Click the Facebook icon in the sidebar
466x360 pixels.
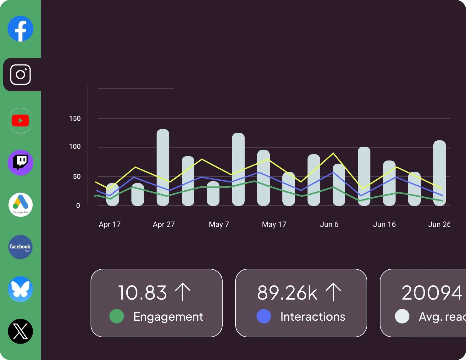pyautogui.click(x=20, y=29)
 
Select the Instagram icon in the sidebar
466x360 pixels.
pyautogui.click(x=20, y=75)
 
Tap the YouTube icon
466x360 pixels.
pyautogui.click(x=20, y=121)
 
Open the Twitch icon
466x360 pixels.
pyautogui.click(x=20, y=163)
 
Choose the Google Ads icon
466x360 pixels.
pyautogui.click(x=20, y=205)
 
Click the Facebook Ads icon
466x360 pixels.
pyautogui.click(x=20, y=247)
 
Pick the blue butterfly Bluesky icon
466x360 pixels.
pyautogui.click(x=20, y=289)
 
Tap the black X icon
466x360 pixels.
pyautogui.click(x=20, y=331)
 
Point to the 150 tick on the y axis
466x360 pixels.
pyautogui.click(x=75, y=119)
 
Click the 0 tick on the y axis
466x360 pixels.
pyautogui.click(x=78, y=205)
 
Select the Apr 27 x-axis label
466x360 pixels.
pyautogui.click(x=164, y=224)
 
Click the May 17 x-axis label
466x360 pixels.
pyautogui.click(x=274, y=224)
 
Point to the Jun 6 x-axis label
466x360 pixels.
pyautogui.click(x=329, y=224)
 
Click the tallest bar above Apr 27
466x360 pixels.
pyautogui.click(x=163, y=167)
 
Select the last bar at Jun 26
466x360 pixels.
pyautogui.click(x=439, y=173)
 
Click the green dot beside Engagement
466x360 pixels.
pyautogui.click(x=117, y=316)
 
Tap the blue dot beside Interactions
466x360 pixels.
pyautogui.click(x=264, y=316)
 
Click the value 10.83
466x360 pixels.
pyautogui.click(x=142, y=293)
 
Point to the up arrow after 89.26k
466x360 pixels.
pyautogui.click(x=333, y=292)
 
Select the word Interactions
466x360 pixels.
pyautogui.click(x=313, y=317)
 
